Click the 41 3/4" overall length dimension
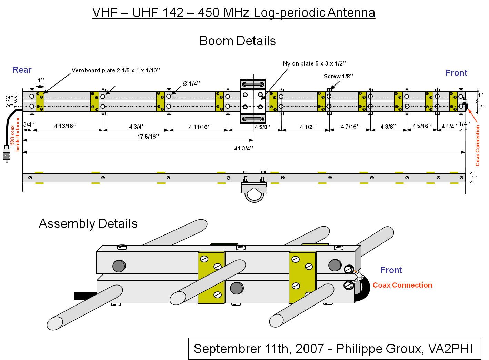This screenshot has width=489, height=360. [243, 149]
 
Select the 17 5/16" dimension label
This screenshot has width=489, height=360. [148, 137]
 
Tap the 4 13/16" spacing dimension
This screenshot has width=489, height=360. [65, 126]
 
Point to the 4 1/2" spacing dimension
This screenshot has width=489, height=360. [308, 127]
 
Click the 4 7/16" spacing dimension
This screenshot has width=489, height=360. [350, 127]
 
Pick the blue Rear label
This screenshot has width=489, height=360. [22, 70]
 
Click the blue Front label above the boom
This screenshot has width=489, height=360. [457, 73]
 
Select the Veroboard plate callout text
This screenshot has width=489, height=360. [116, 70]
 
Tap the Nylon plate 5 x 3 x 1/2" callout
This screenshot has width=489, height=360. [315, 63]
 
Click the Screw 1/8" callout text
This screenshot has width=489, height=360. [338, 76]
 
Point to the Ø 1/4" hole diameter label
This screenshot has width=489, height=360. [191, 83]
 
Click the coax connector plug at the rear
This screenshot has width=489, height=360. [7, 154]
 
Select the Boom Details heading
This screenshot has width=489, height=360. [238, 41]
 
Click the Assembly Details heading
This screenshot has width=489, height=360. [88, 223]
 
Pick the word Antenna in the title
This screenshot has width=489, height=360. [351, 12]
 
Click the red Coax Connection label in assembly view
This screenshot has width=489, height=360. [402, 285]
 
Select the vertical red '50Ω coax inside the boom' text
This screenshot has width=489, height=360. [15, 135]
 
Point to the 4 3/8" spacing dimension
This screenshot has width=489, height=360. [388, 127]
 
